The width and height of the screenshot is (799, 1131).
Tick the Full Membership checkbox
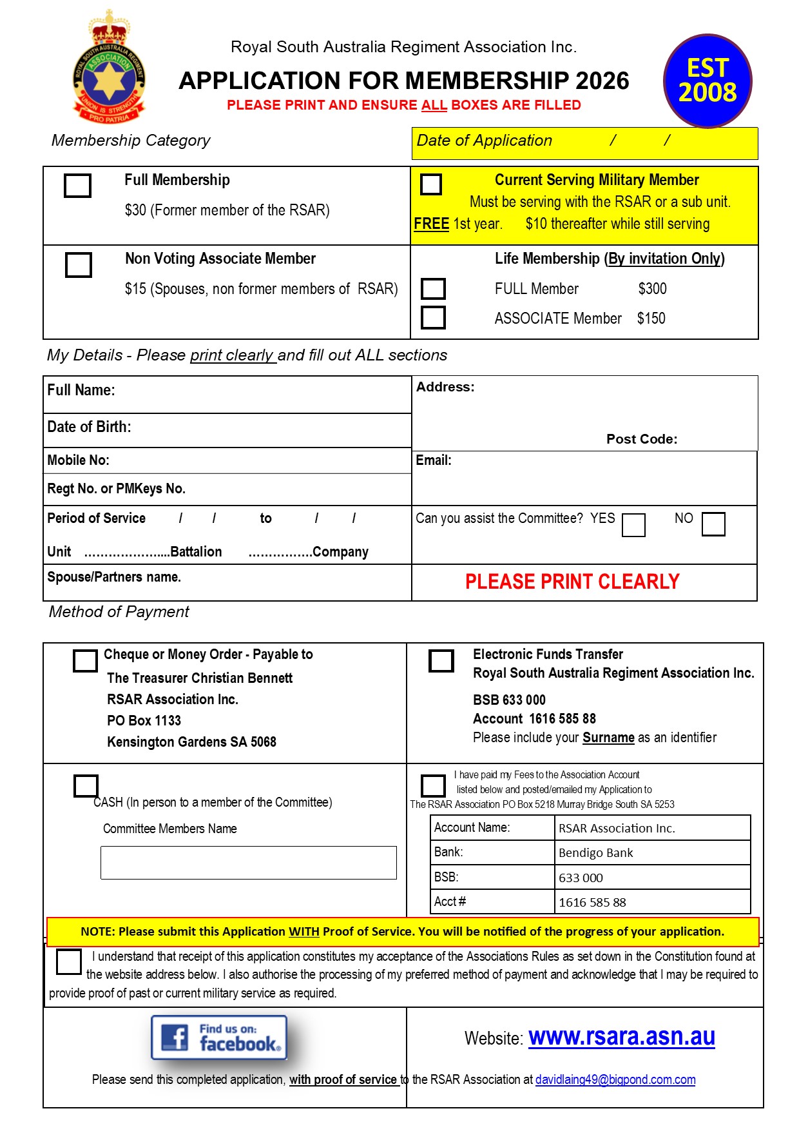pyautogui.click(x=77, y=186)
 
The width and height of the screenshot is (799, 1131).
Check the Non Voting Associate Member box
pyautogui.click(x=79, y=264)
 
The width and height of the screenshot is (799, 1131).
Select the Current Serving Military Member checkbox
pyautogui.click(x=431, y=184)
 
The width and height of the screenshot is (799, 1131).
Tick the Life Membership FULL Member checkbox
pyautogui.click(x=433, y=288)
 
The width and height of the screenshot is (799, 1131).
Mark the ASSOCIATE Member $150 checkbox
pyautogui.click(x=433, y=317)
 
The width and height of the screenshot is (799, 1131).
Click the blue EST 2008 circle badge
pyautogui.click(x=708, y=81)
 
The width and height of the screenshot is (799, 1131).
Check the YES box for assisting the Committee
pyautogui.click(x=633, y=524)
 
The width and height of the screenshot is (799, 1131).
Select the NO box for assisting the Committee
pyautogui.click(x=713, y=524)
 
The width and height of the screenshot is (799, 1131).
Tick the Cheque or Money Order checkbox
pyautogui.click(x=85, y=660)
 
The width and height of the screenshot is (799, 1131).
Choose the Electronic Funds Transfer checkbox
pyautogui.click(x=441, y=660)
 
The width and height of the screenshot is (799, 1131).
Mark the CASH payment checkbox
pyautogui.click(x=86, y=785)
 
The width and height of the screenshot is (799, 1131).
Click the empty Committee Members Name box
pyautogui.click(x=249, y=863)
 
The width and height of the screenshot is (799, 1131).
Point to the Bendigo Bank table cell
pyautogui.click(x=652, y=852)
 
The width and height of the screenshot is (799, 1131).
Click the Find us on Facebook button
pyautogui.click(x=219, y=1038)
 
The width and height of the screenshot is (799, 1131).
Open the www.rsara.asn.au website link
pyautogui.click(x=622, y=1037)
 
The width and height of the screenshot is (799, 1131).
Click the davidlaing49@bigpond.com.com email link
pyautogui.click(x=615, y=1079)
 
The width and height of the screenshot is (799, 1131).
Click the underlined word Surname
pyautogui.click(x=608, y=738)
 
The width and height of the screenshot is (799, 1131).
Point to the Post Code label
pyautogui.click(x=642, y=439)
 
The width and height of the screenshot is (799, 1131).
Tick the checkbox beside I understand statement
pyautogui.click(x=69, y=962)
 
